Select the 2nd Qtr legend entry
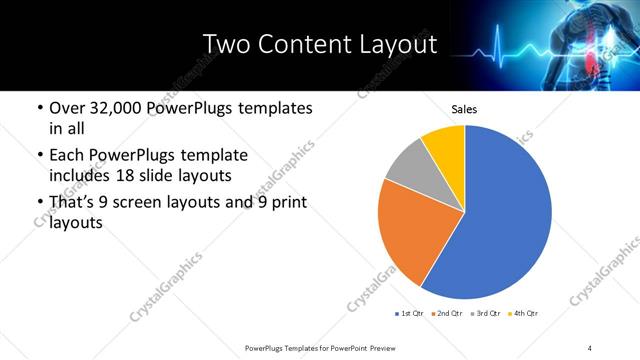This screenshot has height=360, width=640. click(447, 315)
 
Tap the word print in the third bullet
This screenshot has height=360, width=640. click(284, 203)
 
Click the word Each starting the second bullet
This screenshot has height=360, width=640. click(68, 155)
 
